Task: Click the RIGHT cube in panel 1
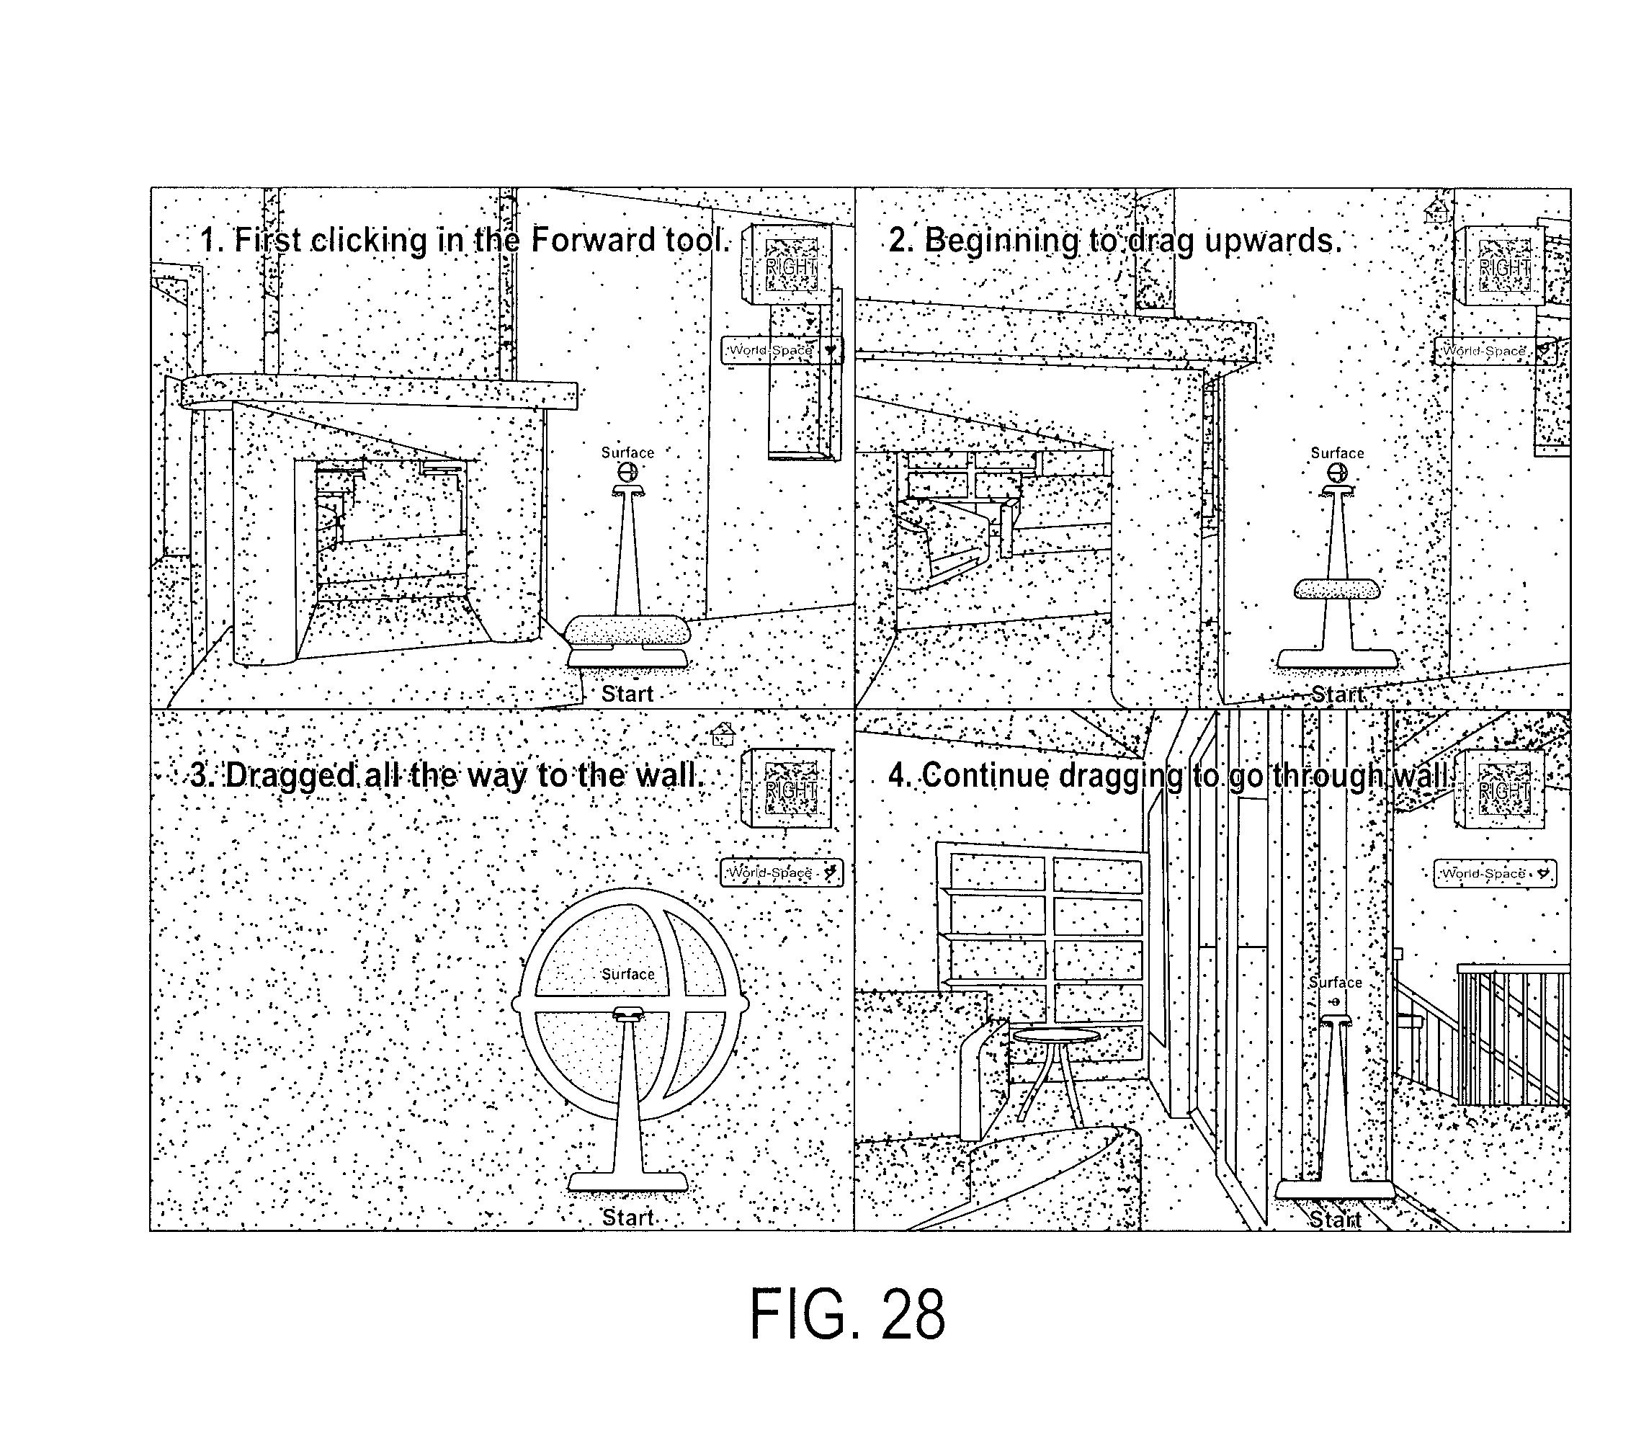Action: click(787, 264)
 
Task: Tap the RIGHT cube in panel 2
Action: click(1500, 266)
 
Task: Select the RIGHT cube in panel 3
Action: click(787, 788)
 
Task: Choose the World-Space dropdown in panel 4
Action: click(1494, 873)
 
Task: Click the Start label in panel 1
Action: click(627, 694)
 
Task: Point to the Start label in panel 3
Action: click(628, 1218)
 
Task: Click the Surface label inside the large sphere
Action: click(628, 974)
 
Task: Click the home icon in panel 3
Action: click(723, 733)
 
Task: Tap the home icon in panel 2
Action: click(1436, 210)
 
